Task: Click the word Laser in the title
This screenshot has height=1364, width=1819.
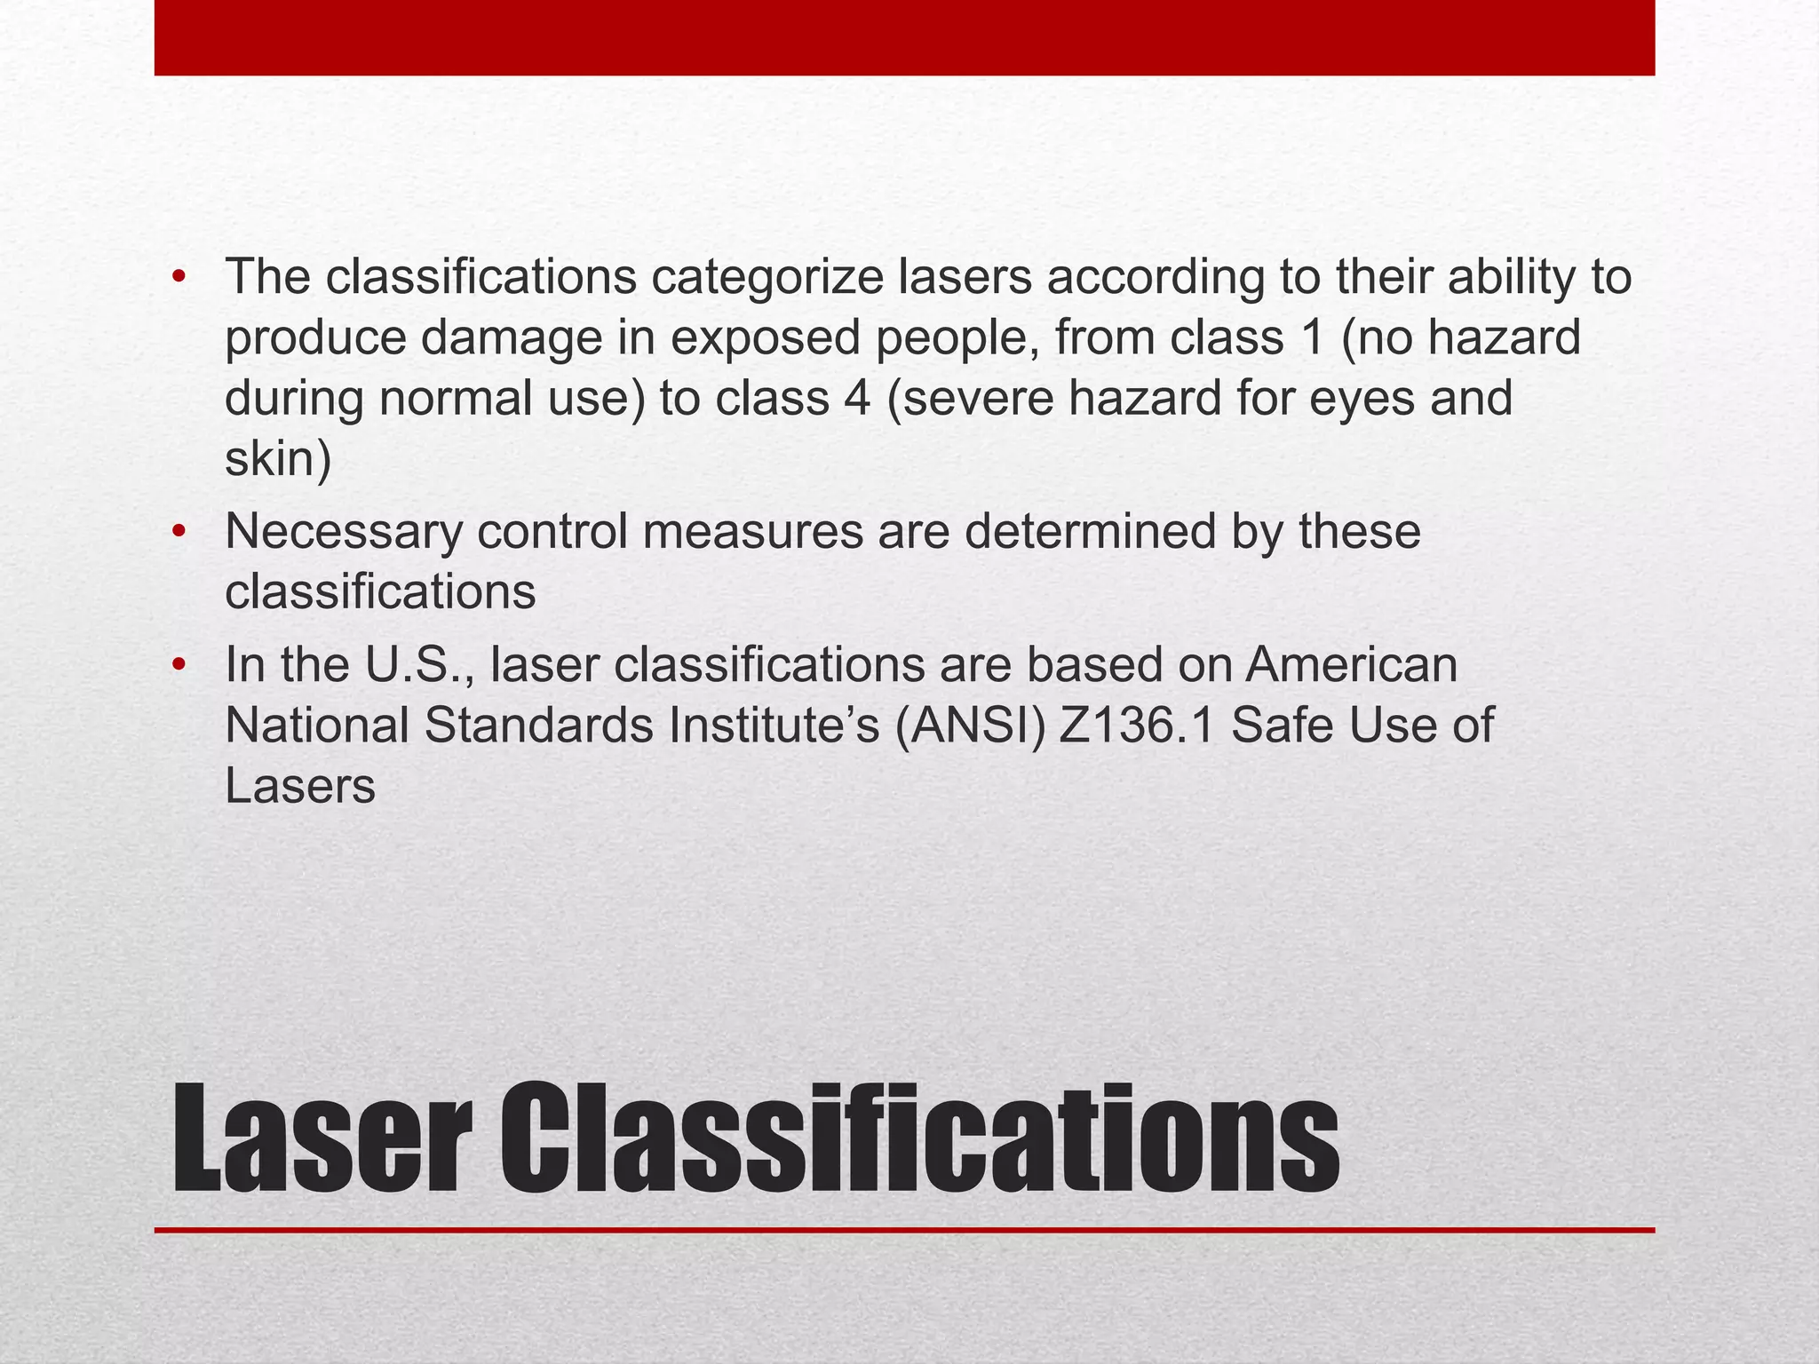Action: click(321, 1138)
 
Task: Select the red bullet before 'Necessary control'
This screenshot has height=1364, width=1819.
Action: click(179, 531)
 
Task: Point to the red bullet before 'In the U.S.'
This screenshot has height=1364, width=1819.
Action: click(179, 664)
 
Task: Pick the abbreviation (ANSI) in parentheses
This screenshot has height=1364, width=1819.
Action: click(970, 726)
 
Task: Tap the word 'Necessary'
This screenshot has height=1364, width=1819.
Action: click(344, 531)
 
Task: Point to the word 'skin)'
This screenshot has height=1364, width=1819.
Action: click(278, 459)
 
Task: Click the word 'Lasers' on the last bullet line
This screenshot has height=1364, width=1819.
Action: click(300, 786)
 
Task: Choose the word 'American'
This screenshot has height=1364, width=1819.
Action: click(1351, 664)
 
